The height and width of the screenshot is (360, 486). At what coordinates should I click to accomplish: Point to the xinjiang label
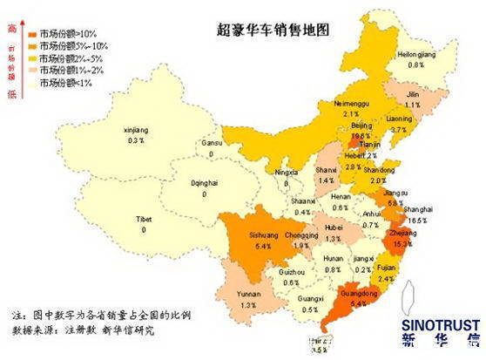click(137, 130)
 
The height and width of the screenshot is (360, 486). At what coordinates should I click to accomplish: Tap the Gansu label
click(212, 142)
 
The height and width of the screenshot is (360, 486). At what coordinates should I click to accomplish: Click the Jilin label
click(414, 94)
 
